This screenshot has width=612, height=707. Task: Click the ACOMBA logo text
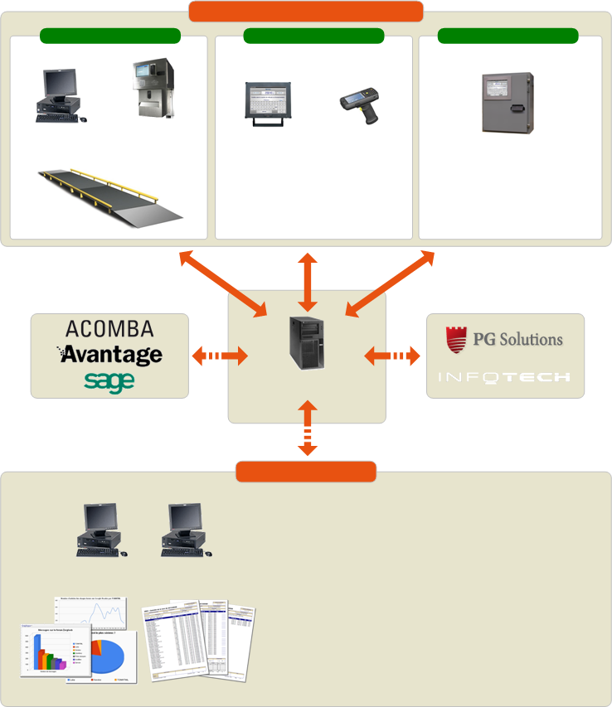pos(109,327)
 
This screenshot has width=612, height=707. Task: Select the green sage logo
pos(109,380)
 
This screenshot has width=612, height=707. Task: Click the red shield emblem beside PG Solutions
pos(457,339)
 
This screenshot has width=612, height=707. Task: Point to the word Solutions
pos(531,339)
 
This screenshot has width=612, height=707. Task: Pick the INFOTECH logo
pos(504,377)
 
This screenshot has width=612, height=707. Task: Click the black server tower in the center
pos(307,342)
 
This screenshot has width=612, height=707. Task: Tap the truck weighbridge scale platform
pos(110,193)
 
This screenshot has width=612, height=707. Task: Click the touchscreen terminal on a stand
pos(268,104)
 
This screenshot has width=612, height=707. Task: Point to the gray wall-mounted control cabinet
pos(508,104)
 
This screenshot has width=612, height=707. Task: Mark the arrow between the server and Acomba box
pos(219,357)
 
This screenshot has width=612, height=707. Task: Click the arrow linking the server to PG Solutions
pos(392,356)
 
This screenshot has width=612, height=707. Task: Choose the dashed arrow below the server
pos(308,428)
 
